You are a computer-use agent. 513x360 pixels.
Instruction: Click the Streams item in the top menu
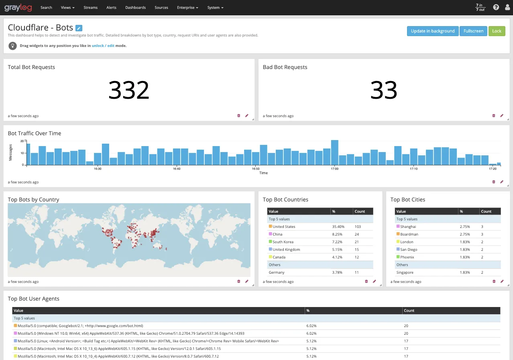click(90, 8)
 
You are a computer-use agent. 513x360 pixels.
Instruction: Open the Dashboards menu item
click(135, 8)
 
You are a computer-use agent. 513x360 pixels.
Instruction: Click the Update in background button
click(433, 31)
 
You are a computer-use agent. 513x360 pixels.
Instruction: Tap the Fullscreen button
click(473, 31)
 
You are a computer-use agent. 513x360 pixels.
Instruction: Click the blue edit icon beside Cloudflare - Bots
click(79, 28)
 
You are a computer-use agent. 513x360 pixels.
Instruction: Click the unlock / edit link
click(103, 46)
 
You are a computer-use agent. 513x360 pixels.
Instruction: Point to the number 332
click(129, 90)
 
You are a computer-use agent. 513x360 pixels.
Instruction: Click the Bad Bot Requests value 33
click(384, 90)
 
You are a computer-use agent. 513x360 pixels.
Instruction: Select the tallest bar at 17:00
click(334, 153)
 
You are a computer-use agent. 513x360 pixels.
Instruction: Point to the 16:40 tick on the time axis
click(177, 169)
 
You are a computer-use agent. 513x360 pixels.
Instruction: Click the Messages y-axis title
click(11, 153)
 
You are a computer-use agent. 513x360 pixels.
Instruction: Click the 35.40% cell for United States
click(338, 227)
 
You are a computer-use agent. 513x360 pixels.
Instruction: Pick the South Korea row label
click(283, 242)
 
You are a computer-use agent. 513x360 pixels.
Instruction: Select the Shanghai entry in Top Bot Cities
click(408, 227)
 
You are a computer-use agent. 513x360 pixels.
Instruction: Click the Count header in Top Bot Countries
click(360, 211)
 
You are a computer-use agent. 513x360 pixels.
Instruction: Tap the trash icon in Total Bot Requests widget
click(239, 116)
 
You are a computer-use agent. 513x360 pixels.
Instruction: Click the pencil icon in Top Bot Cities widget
click(502, 281)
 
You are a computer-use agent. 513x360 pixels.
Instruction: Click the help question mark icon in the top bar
click(496, 7)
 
